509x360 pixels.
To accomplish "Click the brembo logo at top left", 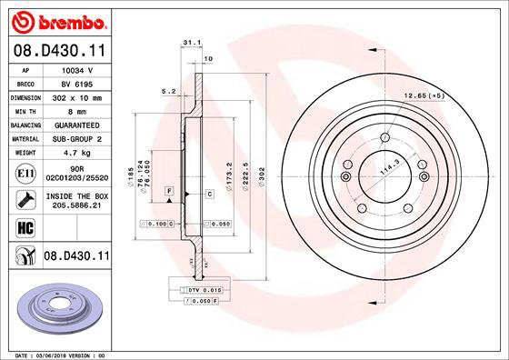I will coord(57,20).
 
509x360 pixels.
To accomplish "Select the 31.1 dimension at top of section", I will coord(191,42).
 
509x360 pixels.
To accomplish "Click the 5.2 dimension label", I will coord(167,91).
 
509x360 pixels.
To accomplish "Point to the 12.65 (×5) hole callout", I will coord(425,95).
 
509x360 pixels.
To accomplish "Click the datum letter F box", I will coord(169,189).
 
